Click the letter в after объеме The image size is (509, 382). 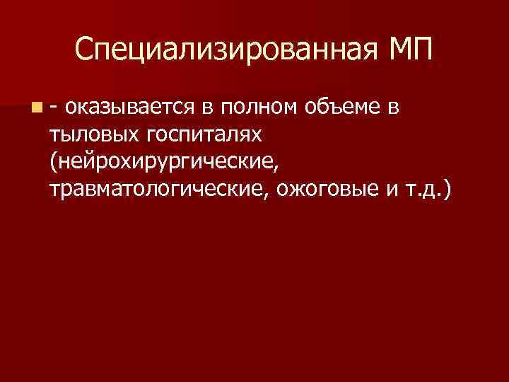pyautogui.click(x=392, y=108)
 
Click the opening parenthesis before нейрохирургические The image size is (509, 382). pyautogui.click(x=53, y=163)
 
